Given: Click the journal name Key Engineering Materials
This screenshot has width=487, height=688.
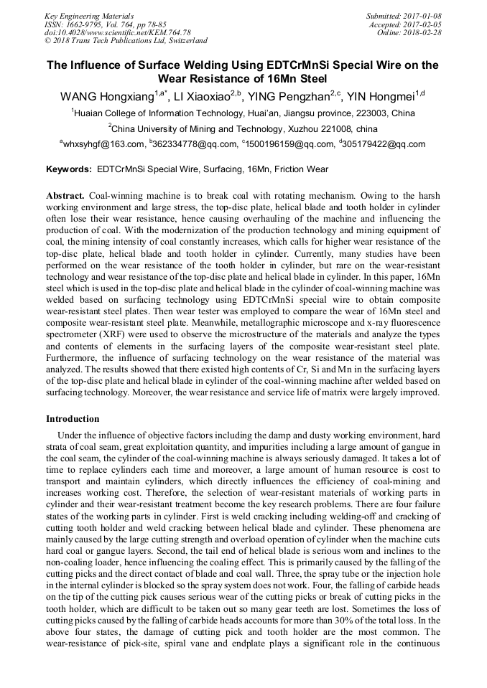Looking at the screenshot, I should pos(89,16).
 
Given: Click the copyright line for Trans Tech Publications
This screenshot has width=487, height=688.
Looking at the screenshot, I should pos(126,41).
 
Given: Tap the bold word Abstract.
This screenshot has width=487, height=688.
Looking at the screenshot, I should pos(65,196).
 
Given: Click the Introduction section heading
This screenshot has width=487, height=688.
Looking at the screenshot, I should pos(73,418).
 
